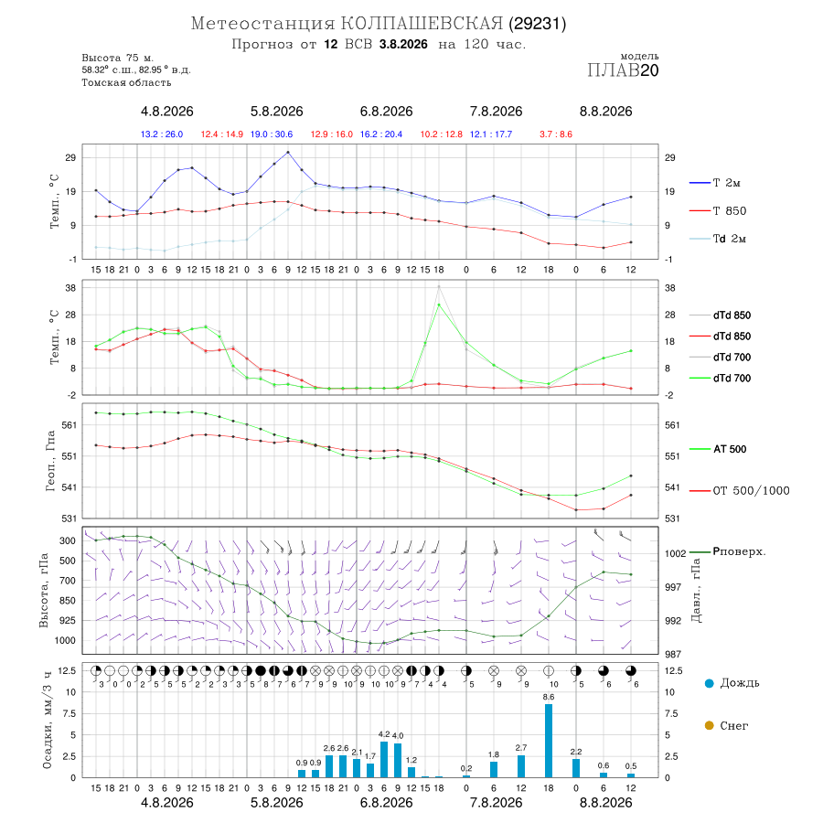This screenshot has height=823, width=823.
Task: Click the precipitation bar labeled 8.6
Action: [549, 741]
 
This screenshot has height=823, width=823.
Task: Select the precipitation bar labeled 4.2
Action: [384, 760]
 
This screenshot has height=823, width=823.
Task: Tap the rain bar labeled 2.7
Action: [520, 766]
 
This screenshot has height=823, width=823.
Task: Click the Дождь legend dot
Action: [709, 683]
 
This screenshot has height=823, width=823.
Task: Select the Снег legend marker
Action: [709, 725]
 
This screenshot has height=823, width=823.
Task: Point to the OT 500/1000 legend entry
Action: [739, 491]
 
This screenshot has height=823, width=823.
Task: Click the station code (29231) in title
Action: [538, 24]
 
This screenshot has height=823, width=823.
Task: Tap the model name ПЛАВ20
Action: [623, 70]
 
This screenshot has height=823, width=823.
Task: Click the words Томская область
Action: [126, 82]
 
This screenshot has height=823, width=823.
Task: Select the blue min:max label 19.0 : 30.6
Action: [272, 134]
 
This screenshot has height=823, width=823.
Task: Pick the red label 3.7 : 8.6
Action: [556, 134]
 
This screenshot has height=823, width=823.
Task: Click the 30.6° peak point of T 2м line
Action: [288, 152]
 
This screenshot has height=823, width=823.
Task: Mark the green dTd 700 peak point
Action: [439, 305]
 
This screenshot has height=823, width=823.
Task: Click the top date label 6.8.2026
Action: [386, 112]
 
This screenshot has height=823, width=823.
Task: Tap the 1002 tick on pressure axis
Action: [676, 554]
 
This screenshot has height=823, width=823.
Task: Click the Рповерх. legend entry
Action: [728, 551]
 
